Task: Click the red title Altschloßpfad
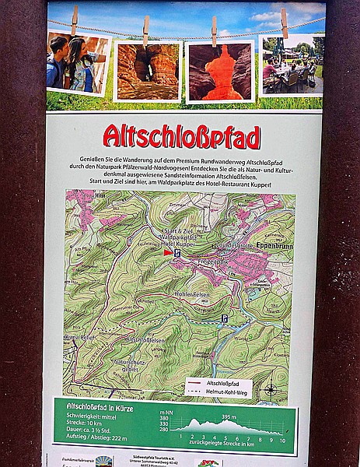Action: (180, 138)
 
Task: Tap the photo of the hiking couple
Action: (78, 61)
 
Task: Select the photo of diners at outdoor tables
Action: (292, 66)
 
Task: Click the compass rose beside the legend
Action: (269, 389)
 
